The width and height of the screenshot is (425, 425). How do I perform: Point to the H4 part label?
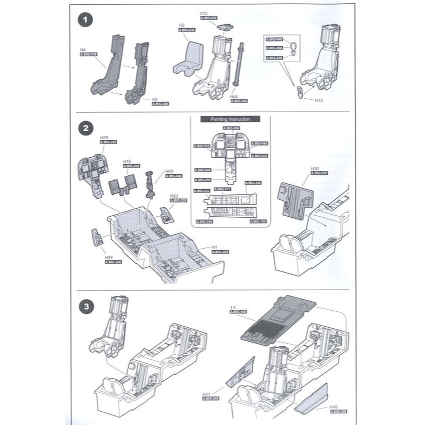tap(83, 49)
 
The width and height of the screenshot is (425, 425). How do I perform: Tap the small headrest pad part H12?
tap(225, 27)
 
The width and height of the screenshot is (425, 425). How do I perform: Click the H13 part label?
tap(318, 100)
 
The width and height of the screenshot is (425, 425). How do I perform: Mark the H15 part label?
tap(127, 161)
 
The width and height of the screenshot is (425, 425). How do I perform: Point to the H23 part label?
tap(173, 195)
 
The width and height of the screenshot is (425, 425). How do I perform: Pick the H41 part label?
tap(207, 394)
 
